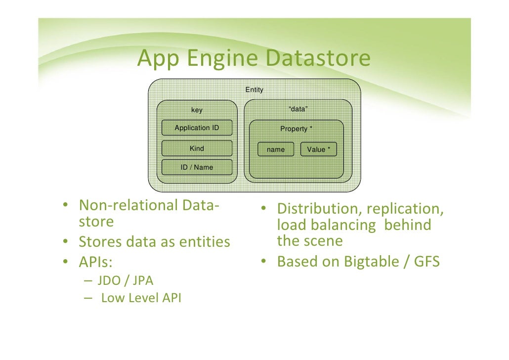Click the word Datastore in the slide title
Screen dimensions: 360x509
317,58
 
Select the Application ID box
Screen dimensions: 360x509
197,128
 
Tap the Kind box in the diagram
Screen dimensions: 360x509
197,148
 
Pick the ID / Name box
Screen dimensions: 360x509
197,167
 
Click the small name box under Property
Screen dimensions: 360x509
276,149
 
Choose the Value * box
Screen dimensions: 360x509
318,149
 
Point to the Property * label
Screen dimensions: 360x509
296,129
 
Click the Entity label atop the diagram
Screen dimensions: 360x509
254,90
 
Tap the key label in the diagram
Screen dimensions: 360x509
197,110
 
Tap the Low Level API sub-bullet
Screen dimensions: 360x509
141,299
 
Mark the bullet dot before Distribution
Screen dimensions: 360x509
265,209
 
